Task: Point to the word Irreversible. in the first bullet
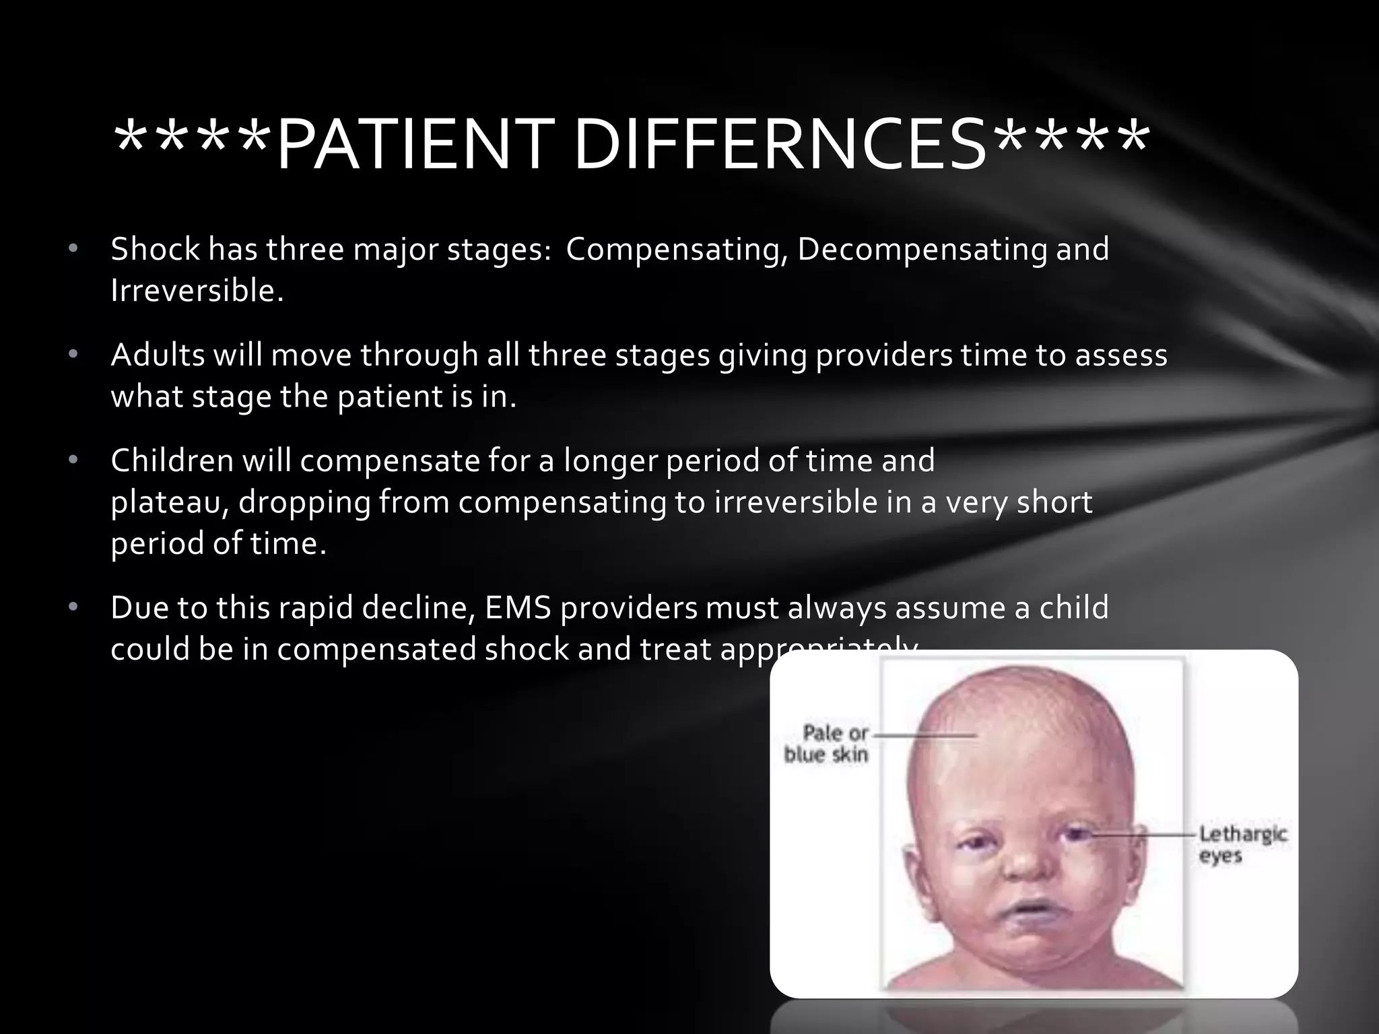click(197, 291)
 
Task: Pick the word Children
click(172, 460)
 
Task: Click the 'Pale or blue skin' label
click(827, 743)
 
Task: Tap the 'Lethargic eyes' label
click(1242, 845)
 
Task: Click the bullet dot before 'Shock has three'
click(73, 250)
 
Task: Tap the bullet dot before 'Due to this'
click(73, 608)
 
